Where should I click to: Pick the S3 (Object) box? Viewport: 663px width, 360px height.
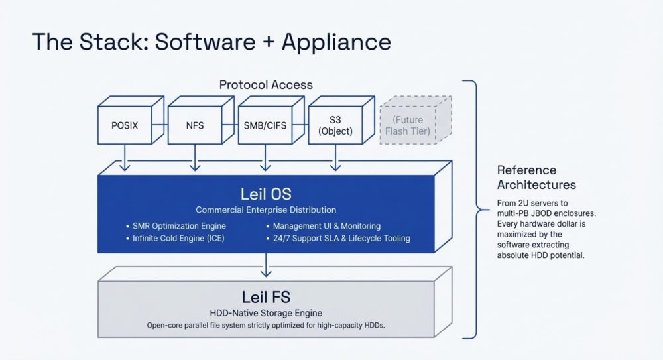coord(335,125)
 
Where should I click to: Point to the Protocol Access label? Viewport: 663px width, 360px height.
coord(266,85)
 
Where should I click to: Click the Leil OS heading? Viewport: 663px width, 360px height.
coord(266,194)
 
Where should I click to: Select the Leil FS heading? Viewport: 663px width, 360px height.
coord(266,296)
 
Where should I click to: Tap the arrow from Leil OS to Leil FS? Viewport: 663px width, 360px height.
coord(266,265)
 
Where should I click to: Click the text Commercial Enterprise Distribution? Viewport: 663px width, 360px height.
coord(266,210)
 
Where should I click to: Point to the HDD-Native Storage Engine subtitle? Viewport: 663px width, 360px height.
coord(266,312)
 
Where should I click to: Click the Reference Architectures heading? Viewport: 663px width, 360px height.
coord(536,177)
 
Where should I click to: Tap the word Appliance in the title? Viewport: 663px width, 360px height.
coord(336,42)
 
